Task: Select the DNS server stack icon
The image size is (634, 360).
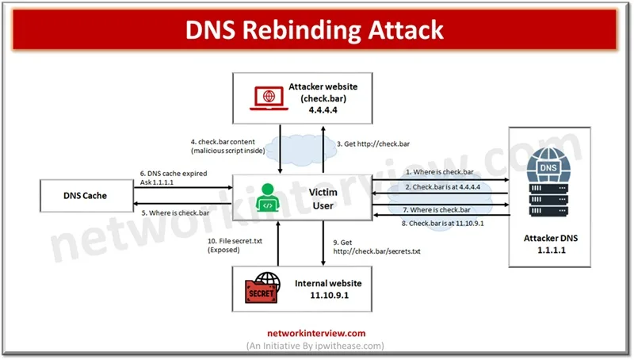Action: coord(547,182)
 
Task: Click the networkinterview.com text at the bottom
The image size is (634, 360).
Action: coord(315,333)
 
